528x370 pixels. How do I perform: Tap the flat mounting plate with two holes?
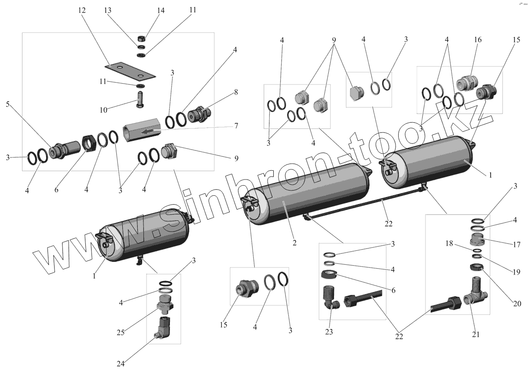[130, 70]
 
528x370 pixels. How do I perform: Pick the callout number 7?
[236, 126]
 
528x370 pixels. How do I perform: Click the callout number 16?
[477, 40]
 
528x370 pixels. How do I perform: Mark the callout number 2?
[294, 243]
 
